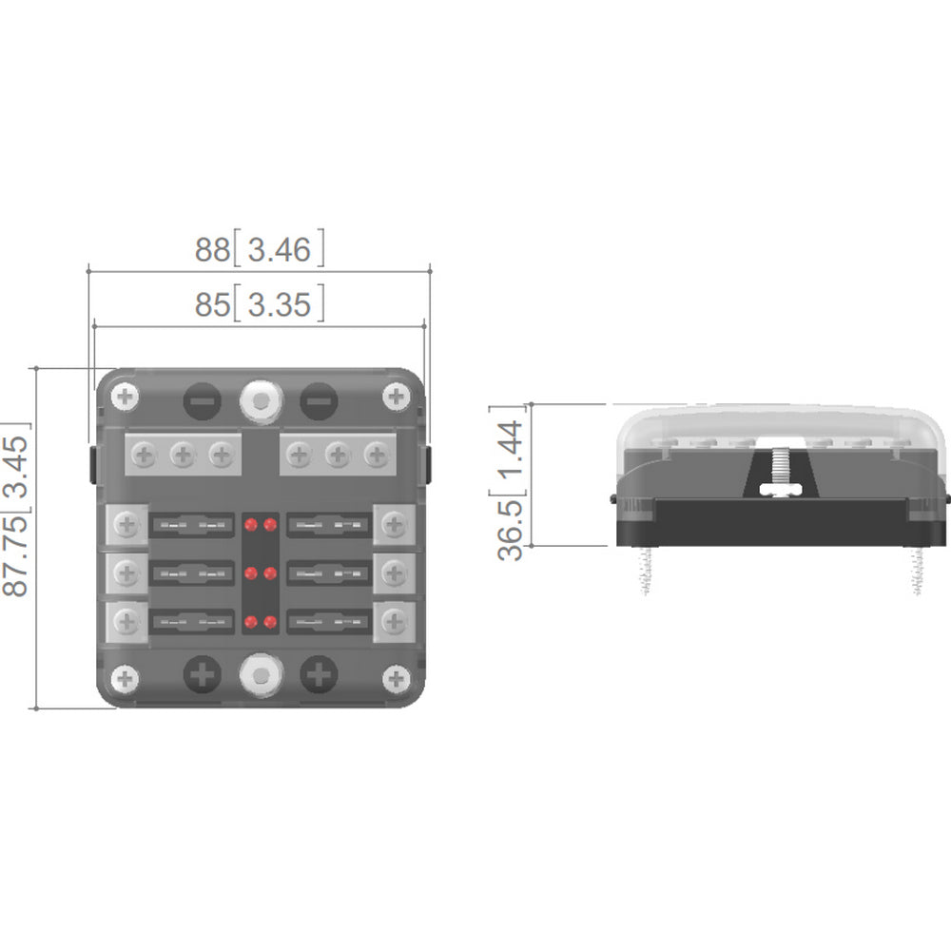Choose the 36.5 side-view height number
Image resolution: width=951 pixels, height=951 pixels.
511,528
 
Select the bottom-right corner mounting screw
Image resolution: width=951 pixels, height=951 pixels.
396,678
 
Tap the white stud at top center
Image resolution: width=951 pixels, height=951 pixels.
261,401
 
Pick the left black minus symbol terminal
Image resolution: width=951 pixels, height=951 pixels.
202,401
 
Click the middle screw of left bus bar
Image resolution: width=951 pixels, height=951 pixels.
183,456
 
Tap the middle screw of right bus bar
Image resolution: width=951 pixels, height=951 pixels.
338,456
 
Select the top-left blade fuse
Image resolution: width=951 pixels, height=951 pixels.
192,524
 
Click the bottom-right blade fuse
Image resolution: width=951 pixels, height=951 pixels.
328,623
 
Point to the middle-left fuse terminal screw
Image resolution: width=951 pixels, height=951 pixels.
126,573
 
